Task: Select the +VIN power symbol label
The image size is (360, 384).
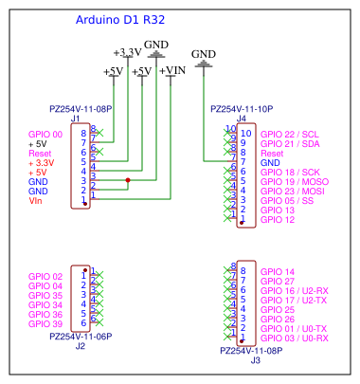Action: coord(171,71)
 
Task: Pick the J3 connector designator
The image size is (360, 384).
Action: coord(255,359)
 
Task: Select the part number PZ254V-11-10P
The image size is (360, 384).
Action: coord(242,109)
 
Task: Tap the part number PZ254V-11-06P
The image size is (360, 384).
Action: coord(80,336)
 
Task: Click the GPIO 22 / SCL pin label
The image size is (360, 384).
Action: coord(289,134)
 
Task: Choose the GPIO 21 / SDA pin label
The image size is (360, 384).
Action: coord(289,143)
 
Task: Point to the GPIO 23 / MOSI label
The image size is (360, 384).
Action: coord(292,191)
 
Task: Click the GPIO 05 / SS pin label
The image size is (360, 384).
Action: coord(286,200)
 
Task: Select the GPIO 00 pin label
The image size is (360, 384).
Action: coord(45,135)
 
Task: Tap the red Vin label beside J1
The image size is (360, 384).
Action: coord(36,200)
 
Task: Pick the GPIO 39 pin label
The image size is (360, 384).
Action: coord(45,324)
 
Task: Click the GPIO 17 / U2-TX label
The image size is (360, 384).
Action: coord(293,300)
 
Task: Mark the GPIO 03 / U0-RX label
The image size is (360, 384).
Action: coord(293,338)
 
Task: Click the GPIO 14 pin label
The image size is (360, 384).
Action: coord(277,271)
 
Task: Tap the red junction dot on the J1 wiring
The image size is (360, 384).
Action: coord(128,180)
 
